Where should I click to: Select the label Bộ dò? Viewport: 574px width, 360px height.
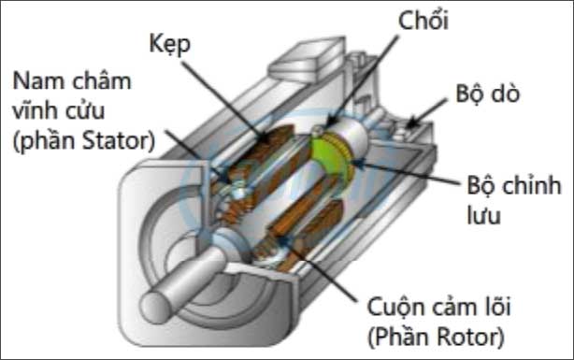487,95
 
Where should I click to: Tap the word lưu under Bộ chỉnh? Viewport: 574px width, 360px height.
487,215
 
